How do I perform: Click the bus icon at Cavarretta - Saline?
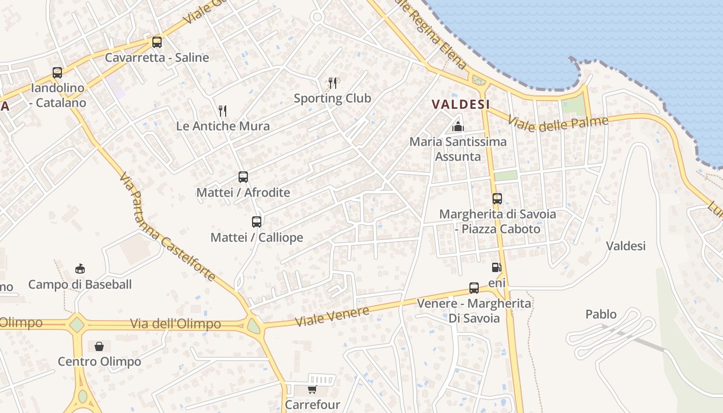[x=157, y=42]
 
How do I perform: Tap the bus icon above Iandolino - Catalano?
[x=57, y=73]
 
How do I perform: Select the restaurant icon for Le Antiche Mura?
[x=223, y=110]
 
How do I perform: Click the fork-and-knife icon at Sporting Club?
[x=333, y=83]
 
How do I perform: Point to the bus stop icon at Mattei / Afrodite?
[x=243, y=177]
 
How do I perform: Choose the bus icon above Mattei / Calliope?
[x=257, y=222]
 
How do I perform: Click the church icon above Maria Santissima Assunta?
[x=458, y=126]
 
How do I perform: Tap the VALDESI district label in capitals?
[x=461, y=104]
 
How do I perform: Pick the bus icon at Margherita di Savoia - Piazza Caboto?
[x=497, y=199]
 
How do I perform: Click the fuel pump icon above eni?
[x=496, y=267]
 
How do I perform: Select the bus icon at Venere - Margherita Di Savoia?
[x=474, y=288]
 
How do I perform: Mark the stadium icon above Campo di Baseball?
[x=80, y=268]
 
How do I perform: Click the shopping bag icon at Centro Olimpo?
[x=99, y=346]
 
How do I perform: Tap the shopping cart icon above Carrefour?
[x=312, y=389]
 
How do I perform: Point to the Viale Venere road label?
[x=332, y=315]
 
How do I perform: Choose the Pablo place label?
[x=601, y=314]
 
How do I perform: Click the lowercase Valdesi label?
[x=625, y=246]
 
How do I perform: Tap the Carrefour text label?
[x=312, y=404]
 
